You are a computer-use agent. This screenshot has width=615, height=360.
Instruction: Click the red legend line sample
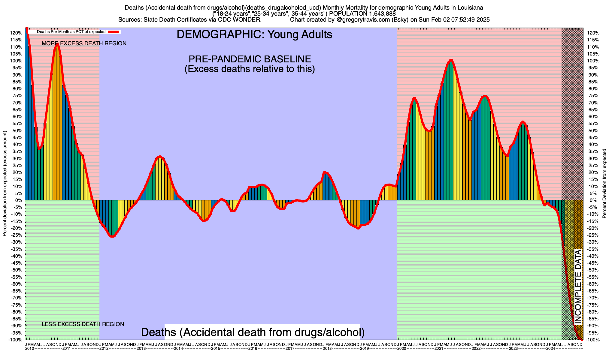pyautogui.click(x=114, y=31)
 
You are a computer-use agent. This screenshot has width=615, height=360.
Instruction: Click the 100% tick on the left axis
pyautogui.click(x=17, y=61)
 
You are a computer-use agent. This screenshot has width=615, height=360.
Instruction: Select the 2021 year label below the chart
pyautogui.click(x=439, y=349)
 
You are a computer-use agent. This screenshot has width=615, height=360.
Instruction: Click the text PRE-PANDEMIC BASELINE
pyautogui.click(x=250, y=59)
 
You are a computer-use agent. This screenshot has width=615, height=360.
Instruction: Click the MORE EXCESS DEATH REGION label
pyautogui.click(x=84, y=43)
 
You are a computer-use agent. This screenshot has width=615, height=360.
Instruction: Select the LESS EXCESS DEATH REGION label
pyautogui.click(x=83, y=324)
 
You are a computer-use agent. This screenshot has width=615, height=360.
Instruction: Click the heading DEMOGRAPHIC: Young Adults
pyautogui.click(x=254, y=34)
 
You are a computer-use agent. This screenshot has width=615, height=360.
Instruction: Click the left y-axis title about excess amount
pyautogui.click(x=5, y=184)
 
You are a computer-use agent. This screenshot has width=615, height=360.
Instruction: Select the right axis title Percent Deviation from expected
pyautogui.click(x=604, y=184)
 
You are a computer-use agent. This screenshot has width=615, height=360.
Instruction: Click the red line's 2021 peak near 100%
pyautogui.click(x=451, y=60)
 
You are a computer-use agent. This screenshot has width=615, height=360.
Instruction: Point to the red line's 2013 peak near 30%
pyautogui.click(x=160, y=157)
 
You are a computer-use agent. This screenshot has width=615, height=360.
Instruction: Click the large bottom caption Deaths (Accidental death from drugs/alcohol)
pyautogui.click(x=253, y=332)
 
